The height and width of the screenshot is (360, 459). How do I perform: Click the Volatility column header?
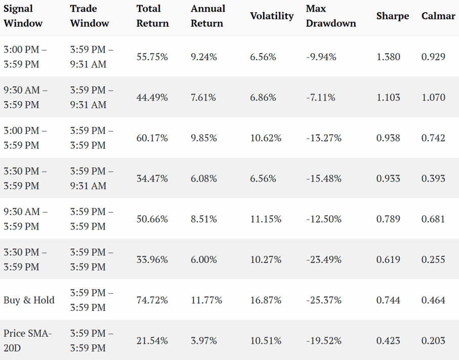[x=272, y=16]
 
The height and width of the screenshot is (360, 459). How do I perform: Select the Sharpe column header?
[x=393, y=16]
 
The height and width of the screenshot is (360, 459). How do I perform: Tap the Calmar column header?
[x=438, y=16]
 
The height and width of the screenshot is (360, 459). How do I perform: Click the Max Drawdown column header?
[x=331, y=16]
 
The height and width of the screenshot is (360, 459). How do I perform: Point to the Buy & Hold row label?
[x=29, y=300]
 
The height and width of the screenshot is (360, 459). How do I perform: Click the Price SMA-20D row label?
[x=27, y=340]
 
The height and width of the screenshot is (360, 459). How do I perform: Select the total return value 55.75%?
[x=152, y=57]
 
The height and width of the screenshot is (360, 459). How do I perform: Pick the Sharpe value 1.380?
[x=388, y=57]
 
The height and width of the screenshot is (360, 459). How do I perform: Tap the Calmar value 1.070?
[x=433, y=97]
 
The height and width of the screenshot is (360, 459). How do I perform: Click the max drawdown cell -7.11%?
[x=320, y=97]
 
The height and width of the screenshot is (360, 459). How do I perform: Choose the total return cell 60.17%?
[x=152, y=138]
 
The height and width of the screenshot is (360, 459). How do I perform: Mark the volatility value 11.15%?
[x=266, y=219]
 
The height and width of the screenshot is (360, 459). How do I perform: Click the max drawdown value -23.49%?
[x=323, y=259]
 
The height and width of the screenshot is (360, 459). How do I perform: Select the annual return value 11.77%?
[x=206, y=300]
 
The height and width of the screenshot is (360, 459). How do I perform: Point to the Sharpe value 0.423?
[x=388, y=340]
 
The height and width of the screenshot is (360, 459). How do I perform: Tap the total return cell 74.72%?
[x=152, y=300]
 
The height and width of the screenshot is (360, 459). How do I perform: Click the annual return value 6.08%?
[x=204, y=178]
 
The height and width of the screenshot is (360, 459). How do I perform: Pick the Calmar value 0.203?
[x=433, y=340]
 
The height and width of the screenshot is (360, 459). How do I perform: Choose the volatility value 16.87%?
[x=266, y=300]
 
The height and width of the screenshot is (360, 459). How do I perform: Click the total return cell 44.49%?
[x=152, y=97]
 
